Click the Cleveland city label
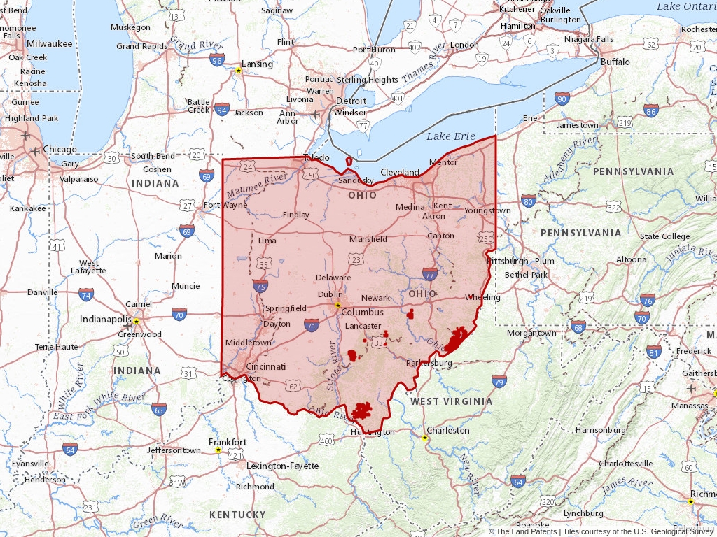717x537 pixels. [x=400, y=172]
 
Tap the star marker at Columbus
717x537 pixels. [x=337, y=305]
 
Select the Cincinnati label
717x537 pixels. [x=265, y=366]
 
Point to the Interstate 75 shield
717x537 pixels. [x=260, y=286]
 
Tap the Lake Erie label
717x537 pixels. [x=451, y=136]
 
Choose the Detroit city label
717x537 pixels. [x=351, y=101]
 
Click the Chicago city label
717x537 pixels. [x=60, y=149]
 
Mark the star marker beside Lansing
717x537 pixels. [x=239, y=70]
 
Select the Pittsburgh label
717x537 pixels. [x=508, y=261]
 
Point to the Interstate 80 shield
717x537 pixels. [x=528, y=201]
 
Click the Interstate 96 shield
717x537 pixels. [x=217, y=60]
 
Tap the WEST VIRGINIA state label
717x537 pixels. [x=451, y=401]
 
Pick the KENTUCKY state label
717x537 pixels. [x=237, y=515]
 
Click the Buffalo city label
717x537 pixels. [x=615, y=62]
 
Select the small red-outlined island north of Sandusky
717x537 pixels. [x=349, y=162]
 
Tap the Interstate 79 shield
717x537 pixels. [x=499, y=381]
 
